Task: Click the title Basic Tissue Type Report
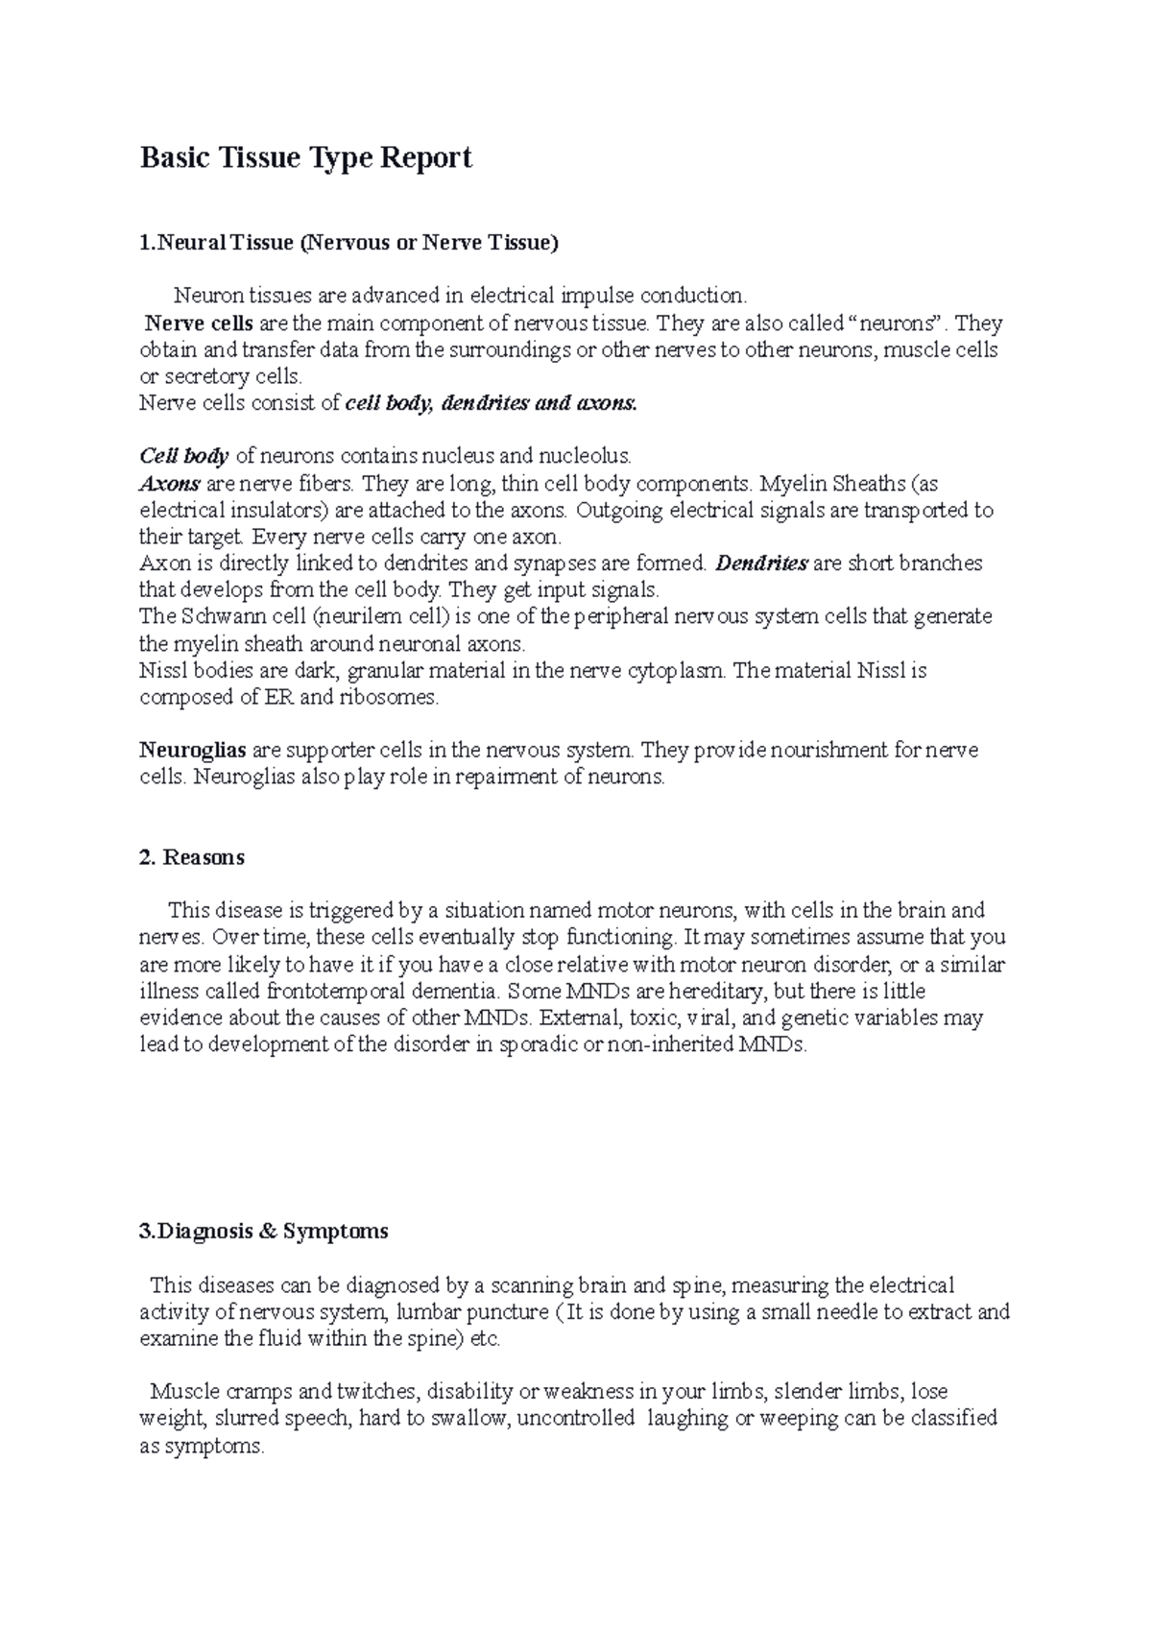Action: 306,157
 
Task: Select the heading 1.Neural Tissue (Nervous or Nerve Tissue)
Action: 348,243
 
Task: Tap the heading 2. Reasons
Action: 192,857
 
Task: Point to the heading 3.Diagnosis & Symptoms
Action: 264,1231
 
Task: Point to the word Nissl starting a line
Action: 162,670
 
